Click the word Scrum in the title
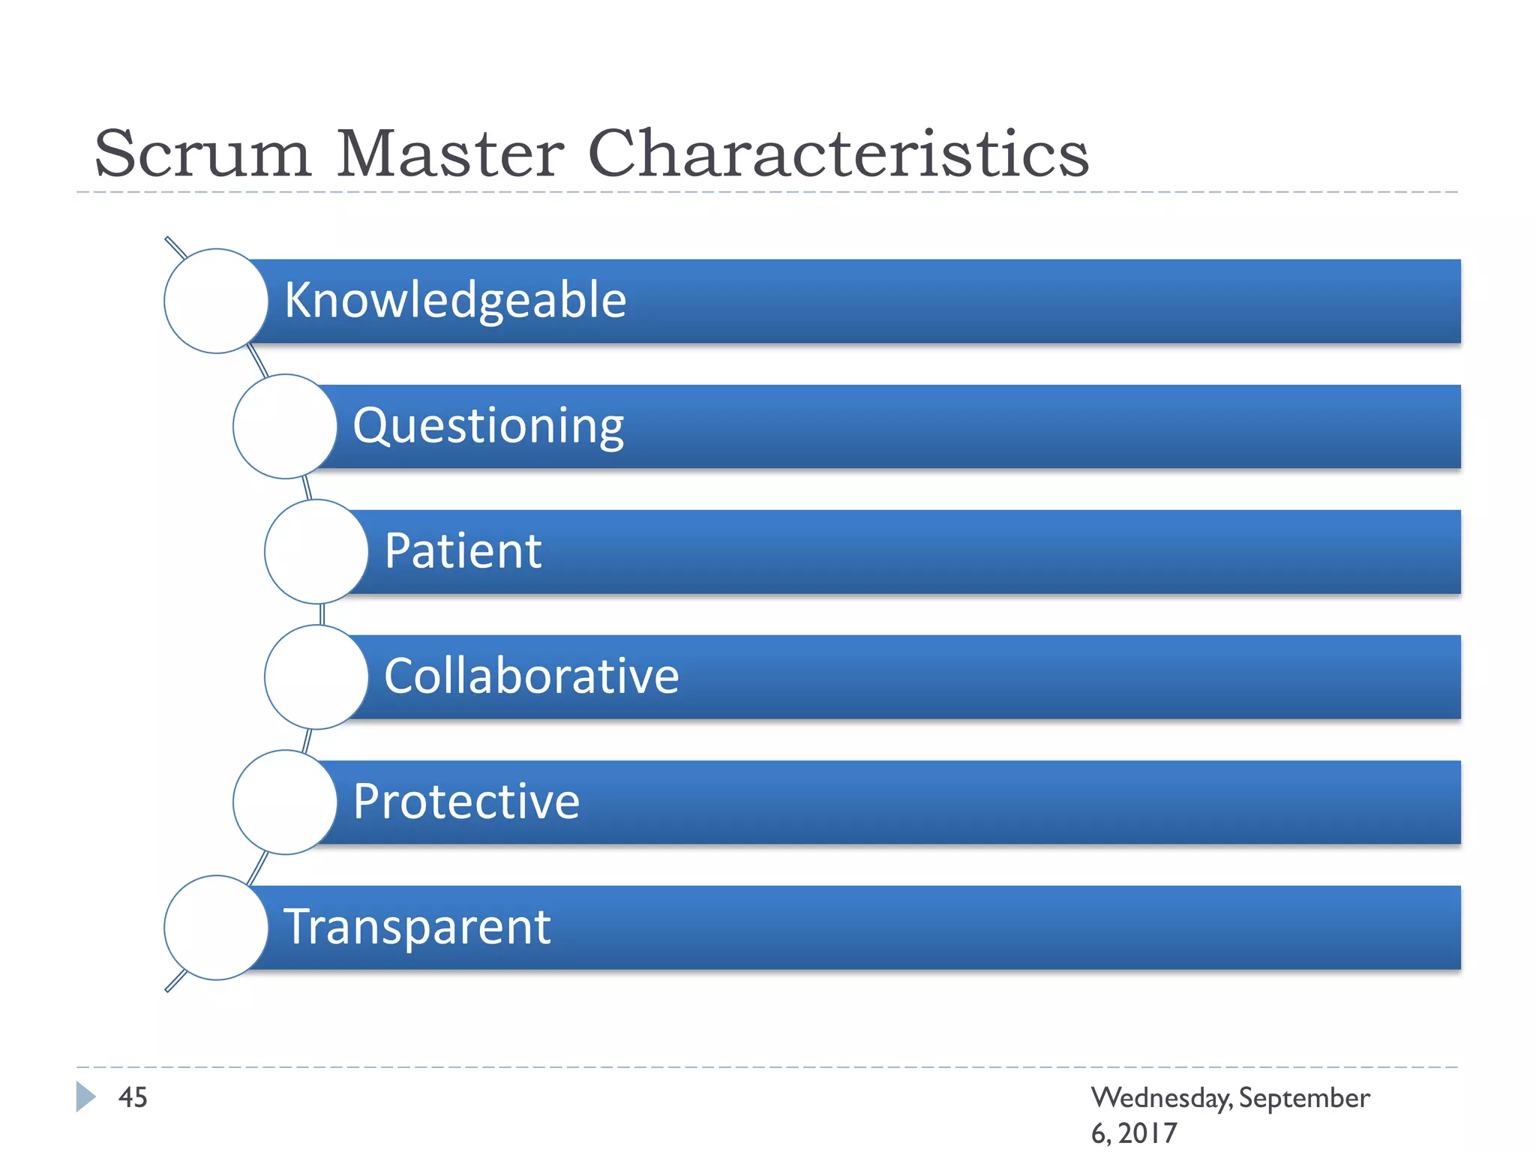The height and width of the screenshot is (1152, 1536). [x=202, y=154]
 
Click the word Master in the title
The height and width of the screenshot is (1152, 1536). [x=450, y=154]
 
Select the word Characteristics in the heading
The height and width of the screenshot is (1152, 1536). [x=838, y=154]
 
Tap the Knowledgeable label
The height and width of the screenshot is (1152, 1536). [x=455, y=300]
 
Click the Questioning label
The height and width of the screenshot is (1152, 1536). [x=488, y=425]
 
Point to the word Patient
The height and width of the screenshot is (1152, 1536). [x=463, y=550]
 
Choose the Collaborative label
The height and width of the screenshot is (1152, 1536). [x=531, y=676]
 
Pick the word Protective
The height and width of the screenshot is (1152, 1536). [x=466, y=801]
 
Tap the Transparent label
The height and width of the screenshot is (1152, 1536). [x=417, y=926]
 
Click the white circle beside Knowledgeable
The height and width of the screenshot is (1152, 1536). [x=216, y=301]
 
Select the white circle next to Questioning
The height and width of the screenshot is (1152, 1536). [x=285, y=426]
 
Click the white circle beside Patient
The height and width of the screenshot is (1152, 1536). [x=316, y=551]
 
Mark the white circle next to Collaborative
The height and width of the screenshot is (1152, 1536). [x=316, y=676]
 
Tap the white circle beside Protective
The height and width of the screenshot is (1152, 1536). [x=285, y=802]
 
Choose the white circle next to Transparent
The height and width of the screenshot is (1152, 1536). [x=216, y=927]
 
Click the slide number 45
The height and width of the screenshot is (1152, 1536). [x=133, y=1097]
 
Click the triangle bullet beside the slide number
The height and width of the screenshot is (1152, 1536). [x=85, y=1096]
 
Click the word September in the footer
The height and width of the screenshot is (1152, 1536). [x=1304, y=1098]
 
